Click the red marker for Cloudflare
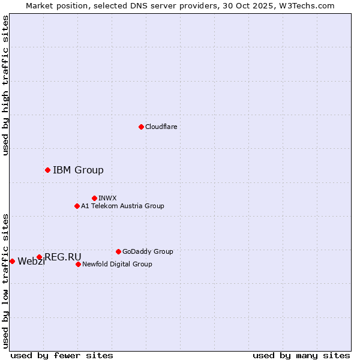[141, 127]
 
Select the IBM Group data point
[47, 170]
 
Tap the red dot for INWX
[94, 198]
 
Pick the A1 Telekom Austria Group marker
[77, 206]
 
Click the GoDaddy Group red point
[118, 251]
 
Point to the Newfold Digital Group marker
[78, 264]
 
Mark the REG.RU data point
[39, 257]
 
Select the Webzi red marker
[12, 261]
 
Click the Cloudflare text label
[161, 127]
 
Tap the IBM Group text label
[78, 170]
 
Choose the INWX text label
[107, 198]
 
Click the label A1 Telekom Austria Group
[122, 206]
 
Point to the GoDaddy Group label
[148, 251]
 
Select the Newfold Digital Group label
[117, 264]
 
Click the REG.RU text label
[63, 257]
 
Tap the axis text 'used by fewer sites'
[62, 355]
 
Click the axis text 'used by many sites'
[301, 355]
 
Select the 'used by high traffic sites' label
[5, 86]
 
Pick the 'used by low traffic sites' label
[5, 280]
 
